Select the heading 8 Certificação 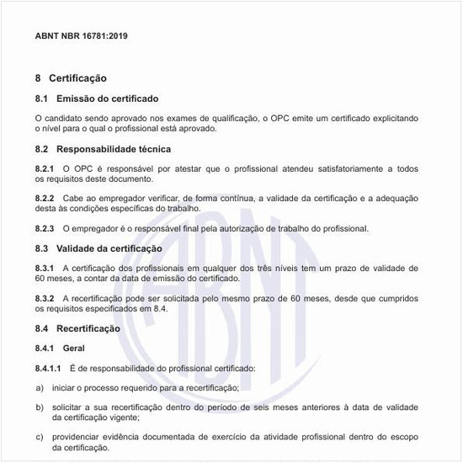pyautogui.click(x=71, y=78)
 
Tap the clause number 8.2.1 pyautogui.click(x=45, y=169)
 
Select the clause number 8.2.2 pyautogui.click(x=45, y=198)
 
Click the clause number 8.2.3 pyautogui.click(x=45, y=228)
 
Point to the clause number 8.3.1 pyautogui.click(x=45, y=268)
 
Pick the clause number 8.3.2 pyautogui.click(x=45, y=298)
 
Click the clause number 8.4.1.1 pyautogui.click(x=48, y=368)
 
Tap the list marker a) pyautogui.click(x=40, y=387)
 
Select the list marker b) pyautogui.click(x=40, y=407)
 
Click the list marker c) pyautogui.click(x=40, y=437)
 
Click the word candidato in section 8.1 pyautogui.click(x=66, y=120)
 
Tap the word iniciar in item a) pyautogui.click(x=67, y=387)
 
